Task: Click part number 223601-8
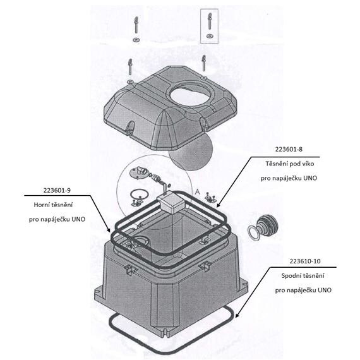tap(289, 150)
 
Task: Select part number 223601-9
tap(57, 190)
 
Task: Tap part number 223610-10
tap(305, 261)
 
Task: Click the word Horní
tap(42, 205)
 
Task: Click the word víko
tap(308, 164)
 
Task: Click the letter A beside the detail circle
tap(197, 192)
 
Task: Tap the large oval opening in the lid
tap(189, 97)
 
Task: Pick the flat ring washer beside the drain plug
tap(253, 233)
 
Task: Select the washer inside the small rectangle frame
tap(209, 36)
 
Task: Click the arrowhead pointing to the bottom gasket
tap(237, 315)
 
